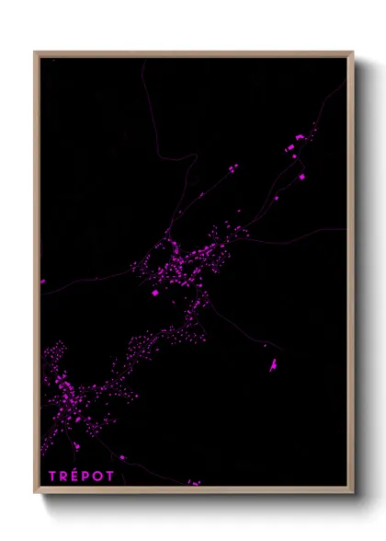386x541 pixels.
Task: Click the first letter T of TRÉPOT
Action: coord(52,476)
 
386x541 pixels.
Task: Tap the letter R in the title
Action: coord(64,476)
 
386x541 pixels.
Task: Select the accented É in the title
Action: coord(77,475)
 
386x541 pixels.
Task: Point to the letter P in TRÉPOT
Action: coord(89,476)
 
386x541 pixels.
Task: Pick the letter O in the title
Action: coord(102,476)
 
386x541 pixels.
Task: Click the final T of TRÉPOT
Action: coord(114,476)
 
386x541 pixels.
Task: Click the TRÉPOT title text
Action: coord(83,476)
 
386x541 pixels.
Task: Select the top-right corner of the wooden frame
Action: coord(352,52)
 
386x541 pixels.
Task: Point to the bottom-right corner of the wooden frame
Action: coord(352,492)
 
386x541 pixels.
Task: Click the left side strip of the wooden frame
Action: coord(37,276)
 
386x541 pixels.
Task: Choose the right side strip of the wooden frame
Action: coord(351,276)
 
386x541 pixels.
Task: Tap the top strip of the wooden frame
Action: coord(193,53)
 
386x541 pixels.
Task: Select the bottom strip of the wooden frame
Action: coord(193,491)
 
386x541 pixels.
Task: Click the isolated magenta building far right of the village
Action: coord(274,366)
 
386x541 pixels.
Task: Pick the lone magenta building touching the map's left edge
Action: coord(42,282)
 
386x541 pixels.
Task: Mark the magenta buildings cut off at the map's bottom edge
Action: coord(194,482)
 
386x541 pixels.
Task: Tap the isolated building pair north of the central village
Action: coord(233,168)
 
